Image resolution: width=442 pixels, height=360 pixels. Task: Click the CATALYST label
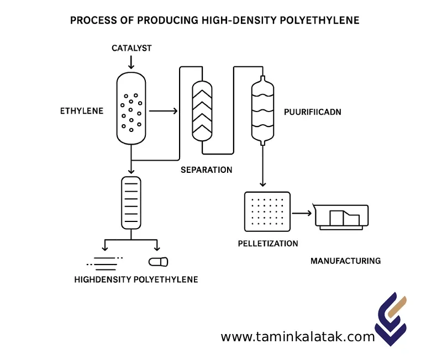click(x=131, y=48)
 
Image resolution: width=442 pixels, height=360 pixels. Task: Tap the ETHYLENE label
click(x=81, y=111)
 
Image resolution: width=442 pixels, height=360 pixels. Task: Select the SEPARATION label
click(x=206, y=170)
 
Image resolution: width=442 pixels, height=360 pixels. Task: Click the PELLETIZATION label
click(x=267, y=243)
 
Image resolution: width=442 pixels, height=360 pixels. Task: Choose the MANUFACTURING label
click(x=345, y=261)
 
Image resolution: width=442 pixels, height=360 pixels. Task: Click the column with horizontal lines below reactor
click(x=131, y=203)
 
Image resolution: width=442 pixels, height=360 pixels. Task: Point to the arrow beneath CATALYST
click(x=131, y=63)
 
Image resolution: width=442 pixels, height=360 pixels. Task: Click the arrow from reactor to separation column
click(x=164, y=111)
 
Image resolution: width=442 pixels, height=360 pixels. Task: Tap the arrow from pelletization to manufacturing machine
click(x=301, y=213)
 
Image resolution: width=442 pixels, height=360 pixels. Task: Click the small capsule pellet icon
click(x=158, y=261)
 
